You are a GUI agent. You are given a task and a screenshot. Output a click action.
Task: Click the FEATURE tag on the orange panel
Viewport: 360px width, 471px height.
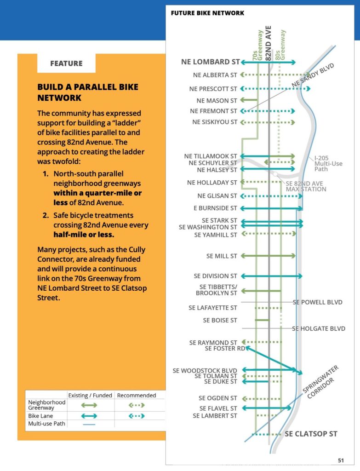point(66,63)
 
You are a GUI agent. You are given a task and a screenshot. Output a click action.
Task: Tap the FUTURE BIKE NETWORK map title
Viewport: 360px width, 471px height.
point(207,13)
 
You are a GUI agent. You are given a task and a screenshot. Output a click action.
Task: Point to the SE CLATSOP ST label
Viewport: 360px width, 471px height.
point(311,434)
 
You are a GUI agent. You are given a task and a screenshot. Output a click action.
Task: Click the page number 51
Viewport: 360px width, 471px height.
point(341,460)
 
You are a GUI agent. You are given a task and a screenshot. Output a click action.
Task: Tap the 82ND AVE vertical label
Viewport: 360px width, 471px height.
point(269,41)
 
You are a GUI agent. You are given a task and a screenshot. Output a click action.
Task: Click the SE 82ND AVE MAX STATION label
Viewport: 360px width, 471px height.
point(306,186)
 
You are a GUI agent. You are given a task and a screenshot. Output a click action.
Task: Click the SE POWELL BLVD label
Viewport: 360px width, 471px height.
point(318,302)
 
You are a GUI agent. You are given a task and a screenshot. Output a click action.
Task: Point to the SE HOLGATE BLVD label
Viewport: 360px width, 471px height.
point(319,328)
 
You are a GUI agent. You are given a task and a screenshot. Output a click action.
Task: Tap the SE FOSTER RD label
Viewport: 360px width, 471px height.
point(225,349)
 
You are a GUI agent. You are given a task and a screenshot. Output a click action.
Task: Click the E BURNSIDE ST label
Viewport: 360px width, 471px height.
point(215,208)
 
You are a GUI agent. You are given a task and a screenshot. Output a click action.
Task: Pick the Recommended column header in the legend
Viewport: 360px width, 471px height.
point(136,395)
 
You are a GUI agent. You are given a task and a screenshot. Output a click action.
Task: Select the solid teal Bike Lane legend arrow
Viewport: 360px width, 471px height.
point(89,415)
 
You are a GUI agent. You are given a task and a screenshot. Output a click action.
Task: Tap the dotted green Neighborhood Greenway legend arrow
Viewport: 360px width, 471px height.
point(136,405)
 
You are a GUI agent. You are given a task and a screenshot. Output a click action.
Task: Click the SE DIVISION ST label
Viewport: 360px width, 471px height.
point(215,276)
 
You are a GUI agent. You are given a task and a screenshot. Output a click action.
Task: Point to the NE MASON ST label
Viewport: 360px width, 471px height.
point(217,100)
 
